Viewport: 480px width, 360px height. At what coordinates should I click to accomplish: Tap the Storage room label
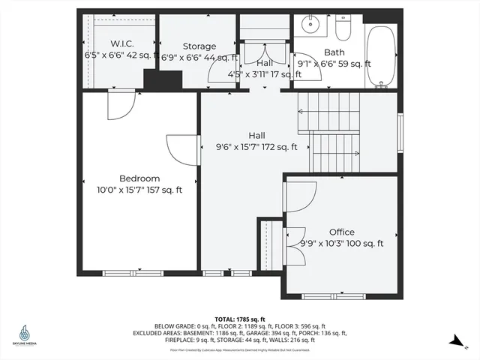click(x=199, y=46)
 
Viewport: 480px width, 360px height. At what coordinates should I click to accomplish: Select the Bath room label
click(x=334, y=52)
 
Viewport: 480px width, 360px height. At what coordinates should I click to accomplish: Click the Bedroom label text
click(x=139, y=178)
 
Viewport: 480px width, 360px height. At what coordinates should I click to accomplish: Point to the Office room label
click(x=341, y=232)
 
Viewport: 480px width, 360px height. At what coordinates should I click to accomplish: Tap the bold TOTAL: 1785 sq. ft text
click(x=240, y=319)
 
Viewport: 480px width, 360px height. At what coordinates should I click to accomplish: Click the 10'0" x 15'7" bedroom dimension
click(x=139, y=190)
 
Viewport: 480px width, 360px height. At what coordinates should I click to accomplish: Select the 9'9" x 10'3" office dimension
click(x=341, y=244)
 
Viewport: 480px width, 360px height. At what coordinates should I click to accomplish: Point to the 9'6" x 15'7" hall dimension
click(x=256, y=147)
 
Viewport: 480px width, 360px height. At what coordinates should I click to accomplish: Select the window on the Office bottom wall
click(x=334, y=296)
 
